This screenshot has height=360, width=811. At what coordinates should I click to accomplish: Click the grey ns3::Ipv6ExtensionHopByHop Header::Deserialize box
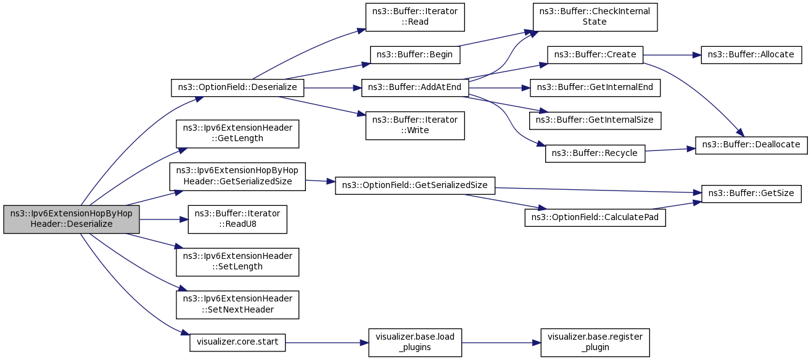coord(72,219)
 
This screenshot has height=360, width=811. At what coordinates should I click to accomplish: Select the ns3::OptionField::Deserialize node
coord(237,88)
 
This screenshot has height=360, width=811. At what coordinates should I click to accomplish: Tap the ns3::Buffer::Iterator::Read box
coord(415,17)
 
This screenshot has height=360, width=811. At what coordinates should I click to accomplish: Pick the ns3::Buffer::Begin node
coord(415,55)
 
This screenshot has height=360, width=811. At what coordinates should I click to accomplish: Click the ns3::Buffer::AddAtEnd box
coord(415,88)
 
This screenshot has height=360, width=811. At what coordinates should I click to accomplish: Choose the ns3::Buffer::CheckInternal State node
coord(595,17)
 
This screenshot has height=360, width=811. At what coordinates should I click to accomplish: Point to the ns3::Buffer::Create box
coord(595,55)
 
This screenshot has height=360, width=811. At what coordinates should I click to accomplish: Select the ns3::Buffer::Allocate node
coord(751,55)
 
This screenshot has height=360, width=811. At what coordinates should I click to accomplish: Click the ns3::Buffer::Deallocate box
coord(751,145)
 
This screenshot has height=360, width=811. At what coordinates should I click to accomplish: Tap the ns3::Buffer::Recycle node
coord(595,153)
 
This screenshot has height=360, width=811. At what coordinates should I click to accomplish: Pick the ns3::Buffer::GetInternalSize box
coord(595,120)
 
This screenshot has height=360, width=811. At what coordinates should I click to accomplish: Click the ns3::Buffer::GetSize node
coord(751,194)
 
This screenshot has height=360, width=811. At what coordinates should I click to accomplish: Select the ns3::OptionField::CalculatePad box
coord(595,218)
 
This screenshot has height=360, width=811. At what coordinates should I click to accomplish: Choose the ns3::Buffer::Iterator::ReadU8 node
coord(237,219)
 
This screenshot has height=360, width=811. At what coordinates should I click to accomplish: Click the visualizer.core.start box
coord(237,342)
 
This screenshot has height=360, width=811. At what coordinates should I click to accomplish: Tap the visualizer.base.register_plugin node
coord(595,342)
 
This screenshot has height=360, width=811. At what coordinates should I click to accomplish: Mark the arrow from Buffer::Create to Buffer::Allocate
coord(672,55)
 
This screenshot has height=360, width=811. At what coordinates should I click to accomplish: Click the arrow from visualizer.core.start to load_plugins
coord(327,343)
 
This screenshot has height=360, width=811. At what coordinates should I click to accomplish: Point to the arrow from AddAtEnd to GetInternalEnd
coord(500,88)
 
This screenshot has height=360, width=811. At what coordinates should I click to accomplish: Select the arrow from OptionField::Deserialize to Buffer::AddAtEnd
coord(333,88)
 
